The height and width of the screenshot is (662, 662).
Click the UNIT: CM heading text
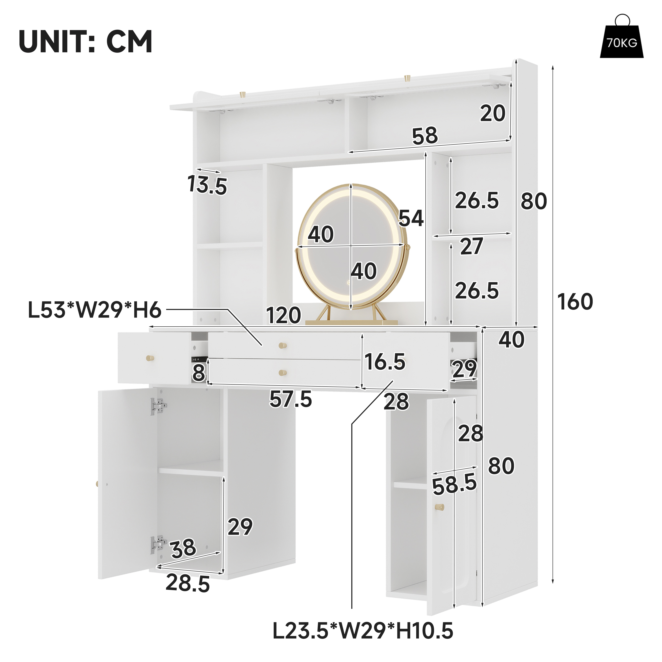coord(86,41)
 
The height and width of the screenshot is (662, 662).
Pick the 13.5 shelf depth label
coord(207,185)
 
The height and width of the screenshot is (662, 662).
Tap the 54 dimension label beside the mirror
coord(411,218)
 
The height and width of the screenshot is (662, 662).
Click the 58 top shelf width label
coord(425,136)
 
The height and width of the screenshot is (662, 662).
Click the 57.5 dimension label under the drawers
coord(291,399)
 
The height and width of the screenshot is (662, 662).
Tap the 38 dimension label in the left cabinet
coord(183,548)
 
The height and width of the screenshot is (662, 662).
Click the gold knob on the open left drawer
coord(150,358)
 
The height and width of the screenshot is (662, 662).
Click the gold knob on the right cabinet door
coord(439,507)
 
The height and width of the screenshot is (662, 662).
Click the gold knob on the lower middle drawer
coord(283,372)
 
